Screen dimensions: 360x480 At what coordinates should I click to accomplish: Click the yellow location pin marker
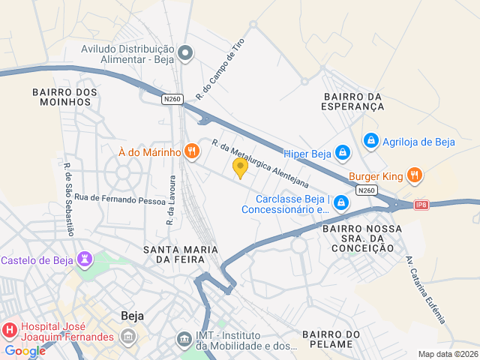tap(240, 167)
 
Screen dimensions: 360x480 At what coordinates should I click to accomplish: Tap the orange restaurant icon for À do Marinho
tap(192, 151)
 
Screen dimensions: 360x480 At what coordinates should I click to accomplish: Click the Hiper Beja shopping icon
tap(343, 153)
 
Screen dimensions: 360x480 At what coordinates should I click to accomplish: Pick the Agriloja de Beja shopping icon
tap(370, 140)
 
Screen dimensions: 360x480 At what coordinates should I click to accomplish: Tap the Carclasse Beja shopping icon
tap(341, 202)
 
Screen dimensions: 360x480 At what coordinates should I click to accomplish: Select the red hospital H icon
tap(10, 329)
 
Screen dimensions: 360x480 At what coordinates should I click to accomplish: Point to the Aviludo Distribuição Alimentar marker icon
tap(187, 52)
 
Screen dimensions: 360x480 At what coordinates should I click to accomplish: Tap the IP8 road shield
tap(421, 205)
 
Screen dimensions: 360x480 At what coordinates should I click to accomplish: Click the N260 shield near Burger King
tap(367, 190)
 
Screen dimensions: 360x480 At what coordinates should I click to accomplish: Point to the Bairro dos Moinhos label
tap(65, 97)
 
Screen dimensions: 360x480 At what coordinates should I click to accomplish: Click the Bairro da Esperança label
tap(354, 101)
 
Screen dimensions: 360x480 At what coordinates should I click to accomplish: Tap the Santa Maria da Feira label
tap(181, 253)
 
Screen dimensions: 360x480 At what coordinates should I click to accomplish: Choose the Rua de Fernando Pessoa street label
tap(109, 199)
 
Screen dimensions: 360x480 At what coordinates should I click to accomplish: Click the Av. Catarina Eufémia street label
tap(424, 290)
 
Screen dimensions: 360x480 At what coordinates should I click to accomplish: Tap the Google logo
tap(25, 350)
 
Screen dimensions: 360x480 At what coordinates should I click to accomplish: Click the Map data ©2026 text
tap(447, 354)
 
